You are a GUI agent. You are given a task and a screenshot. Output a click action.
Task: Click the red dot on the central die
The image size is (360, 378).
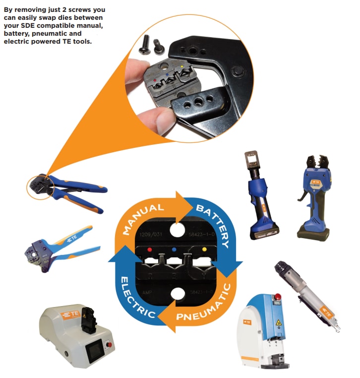150,248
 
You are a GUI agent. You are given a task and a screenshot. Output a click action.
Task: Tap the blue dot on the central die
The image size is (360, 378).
175,248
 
